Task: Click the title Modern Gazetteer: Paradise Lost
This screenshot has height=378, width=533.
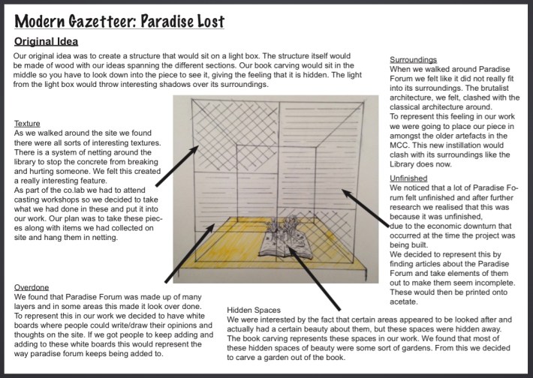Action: click(x=119, y=21)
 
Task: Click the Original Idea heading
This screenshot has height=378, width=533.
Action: click(x=47, y=41)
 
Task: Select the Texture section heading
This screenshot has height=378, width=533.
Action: click(x=29, y=123)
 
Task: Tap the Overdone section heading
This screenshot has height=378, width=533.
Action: click(x=33, y=287)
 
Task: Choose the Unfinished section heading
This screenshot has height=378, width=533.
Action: click(x=410, y=178)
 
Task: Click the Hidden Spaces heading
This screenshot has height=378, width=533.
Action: click(x=254, y=309)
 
